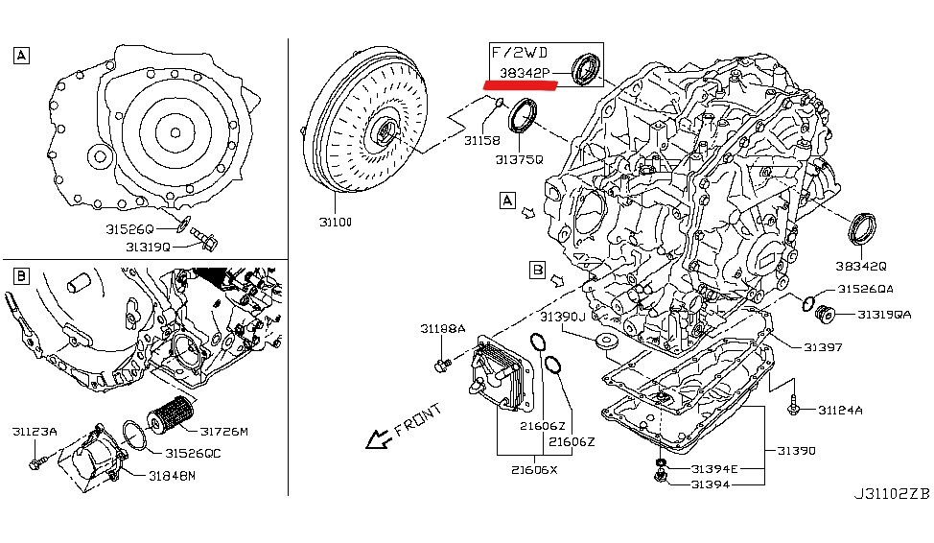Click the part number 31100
point(337,222)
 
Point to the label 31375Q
point(519,159)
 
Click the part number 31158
point(483,141)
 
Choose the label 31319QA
point(883,314)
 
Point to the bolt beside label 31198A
point(442,364)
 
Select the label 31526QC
point(193,453)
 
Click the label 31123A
point(35,432)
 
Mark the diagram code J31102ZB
point(891,494)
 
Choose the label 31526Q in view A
point(129,229)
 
